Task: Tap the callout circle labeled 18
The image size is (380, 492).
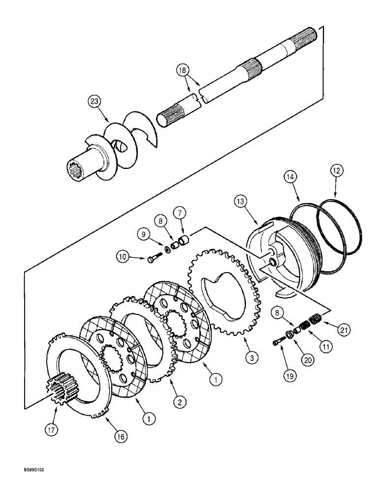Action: (183, 70)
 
